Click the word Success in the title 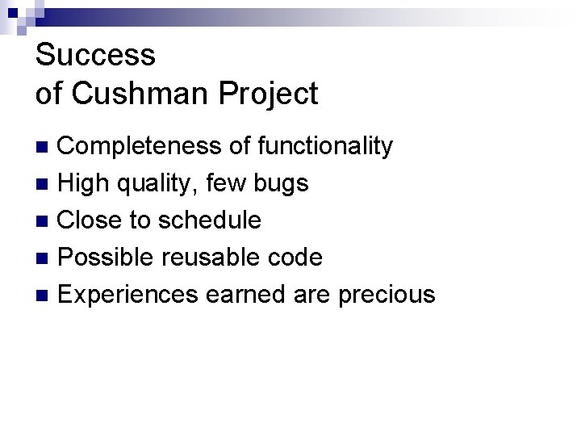95,55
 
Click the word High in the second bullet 85,183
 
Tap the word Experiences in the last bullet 128,295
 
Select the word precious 387,295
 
